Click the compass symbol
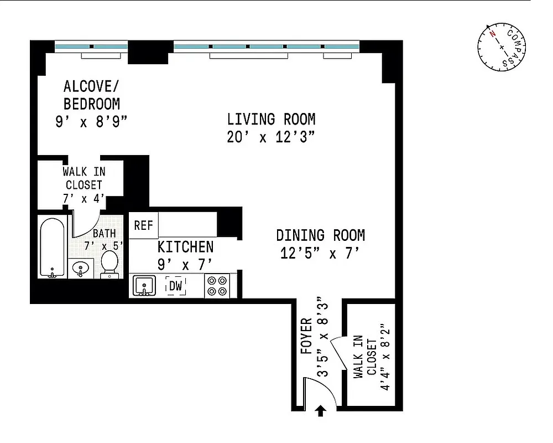point(502,48)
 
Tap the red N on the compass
point(491,33)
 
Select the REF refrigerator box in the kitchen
point(143,225)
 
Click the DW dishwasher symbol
point(176,286)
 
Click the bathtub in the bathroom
point(53,247)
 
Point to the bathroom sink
point(81,269)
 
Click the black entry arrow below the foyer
point(320,410)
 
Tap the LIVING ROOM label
point(271,119)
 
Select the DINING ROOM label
point(320,235)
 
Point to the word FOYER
point(306,336)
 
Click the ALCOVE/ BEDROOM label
point(92,95)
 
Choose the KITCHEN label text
point(185,246)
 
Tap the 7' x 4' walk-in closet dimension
point(84,198)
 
